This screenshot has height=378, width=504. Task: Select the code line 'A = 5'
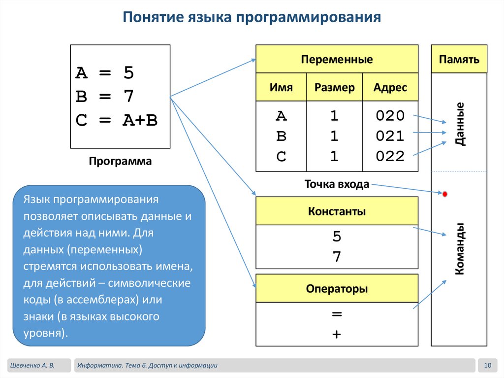(104, 73)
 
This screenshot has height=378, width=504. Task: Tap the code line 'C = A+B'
(117, 120)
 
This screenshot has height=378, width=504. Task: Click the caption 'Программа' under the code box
(120, 161)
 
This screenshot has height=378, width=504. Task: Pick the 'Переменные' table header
(337, 60)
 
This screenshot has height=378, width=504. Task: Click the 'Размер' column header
(334, 88)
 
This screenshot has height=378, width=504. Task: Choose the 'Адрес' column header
(390, 88)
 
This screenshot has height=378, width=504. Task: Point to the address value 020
(390, 116)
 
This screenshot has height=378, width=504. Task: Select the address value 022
(390, 157)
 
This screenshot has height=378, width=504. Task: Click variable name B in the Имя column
(281, 136)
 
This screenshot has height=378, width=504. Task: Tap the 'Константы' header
(337, 211)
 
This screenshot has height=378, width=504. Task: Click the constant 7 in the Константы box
(337, 257)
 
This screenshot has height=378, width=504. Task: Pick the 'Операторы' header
(337, 289)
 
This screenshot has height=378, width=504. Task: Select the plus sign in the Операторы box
(337, 334)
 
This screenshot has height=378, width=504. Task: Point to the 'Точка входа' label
(337, 185)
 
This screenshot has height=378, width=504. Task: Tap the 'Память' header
(459, 60)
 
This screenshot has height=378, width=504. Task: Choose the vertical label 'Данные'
(460, 123)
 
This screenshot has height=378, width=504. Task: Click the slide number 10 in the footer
(488, 365)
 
